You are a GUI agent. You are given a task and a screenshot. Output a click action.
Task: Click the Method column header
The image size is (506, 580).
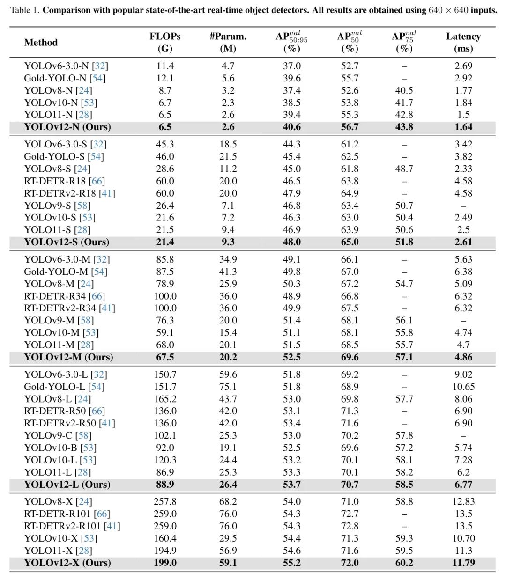[x=41, y=43]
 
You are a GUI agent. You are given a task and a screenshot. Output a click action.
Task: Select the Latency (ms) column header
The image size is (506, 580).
[x=463, y=42]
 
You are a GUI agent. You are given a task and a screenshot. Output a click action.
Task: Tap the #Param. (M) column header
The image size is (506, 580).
[x=228, y=42]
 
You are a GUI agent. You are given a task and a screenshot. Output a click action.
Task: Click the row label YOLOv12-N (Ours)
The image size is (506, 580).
[x=67, y=127]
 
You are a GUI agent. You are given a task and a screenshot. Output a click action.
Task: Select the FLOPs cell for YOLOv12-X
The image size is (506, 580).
[x=165, y=563]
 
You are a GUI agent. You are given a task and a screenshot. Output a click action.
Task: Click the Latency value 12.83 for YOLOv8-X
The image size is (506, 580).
[x=463, y=501]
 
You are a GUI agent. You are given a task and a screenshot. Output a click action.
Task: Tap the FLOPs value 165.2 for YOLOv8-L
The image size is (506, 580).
[x=165, y=399]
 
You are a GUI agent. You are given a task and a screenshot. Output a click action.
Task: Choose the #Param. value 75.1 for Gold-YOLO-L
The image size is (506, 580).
[x=228, y=387]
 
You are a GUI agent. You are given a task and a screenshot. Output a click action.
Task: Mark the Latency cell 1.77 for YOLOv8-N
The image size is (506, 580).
[x=463, y=90]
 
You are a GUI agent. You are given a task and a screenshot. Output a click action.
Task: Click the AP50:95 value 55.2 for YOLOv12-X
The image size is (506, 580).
[x=291, y=563]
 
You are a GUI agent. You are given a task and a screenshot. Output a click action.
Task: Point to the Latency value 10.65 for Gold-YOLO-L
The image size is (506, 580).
[x=463, y=387]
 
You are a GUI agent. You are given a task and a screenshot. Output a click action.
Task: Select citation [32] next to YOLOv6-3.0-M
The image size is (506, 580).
[x=102, y=259]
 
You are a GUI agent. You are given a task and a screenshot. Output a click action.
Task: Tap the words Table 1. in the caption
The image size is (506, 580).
[x=25, y=10]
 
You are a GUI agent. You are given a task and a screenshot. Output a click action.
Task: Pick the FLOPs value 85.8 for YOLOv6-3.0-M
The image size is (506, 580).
[x=165, y=259]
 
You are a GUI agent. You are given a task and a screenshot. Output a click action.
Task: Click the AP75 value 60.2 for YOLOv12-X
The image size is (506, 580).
[x=404, y=563]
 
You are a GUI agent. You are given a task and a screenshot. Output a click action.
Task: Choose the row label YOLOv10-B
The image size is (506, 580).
[x=51, y=448]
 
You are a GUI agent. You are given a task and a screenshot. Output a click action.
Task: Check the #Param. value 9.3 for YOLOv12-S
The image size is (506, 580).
[x=228, y=242]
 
